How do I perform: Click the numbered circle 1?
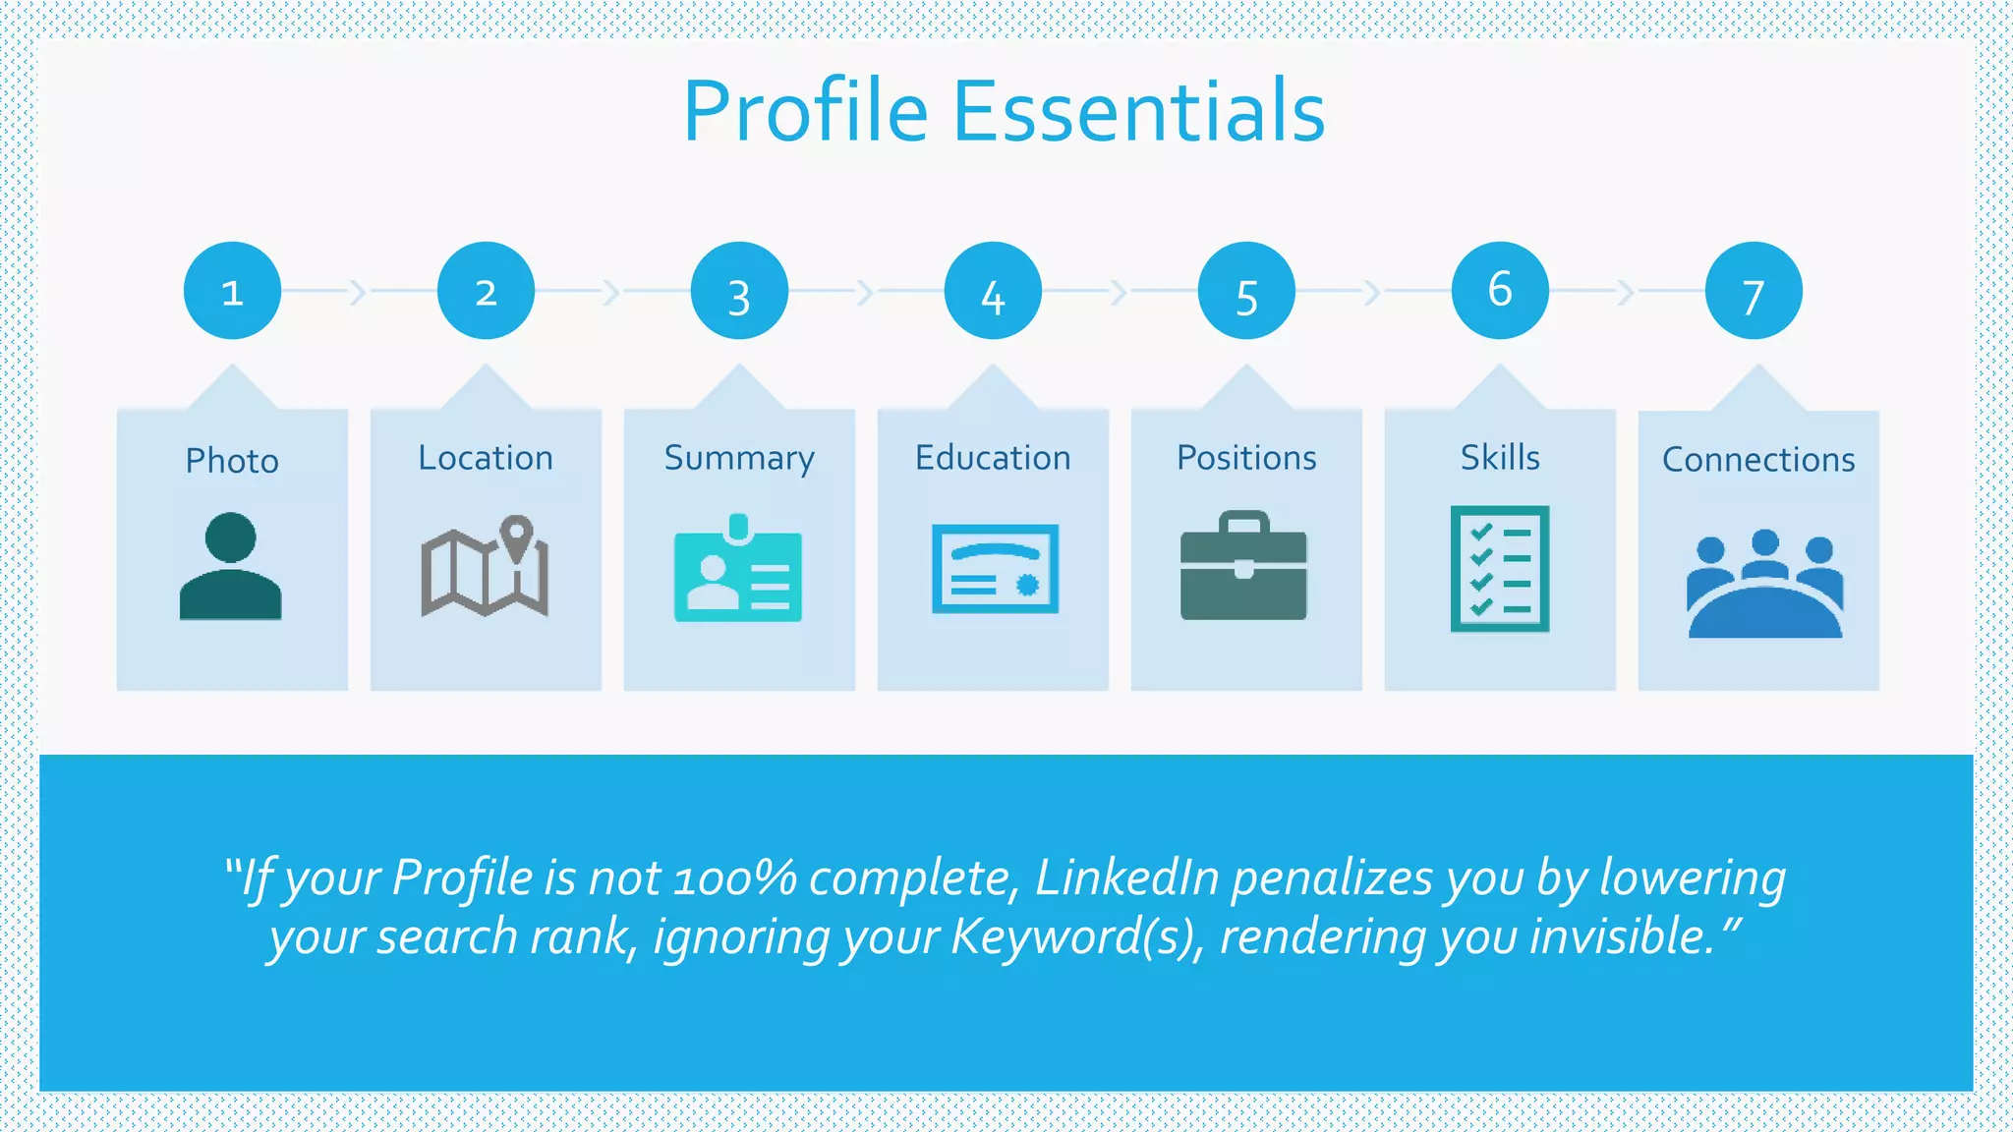click(x=232, y=291)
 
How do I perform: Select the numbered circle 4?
click(x=993, y=291)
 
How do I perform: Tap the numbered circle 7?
click(x=1754, y=291)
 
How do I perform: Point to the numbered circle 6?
click(x=1500, y=291)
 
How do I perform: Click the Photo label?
click(x=232, y=460)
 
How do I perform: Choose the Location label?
click(x=486, y=458)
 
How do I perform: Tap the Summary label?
click(x=739, y=459)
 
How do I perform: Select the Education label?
click(x=993, y=458)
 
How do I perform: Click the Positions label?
click(x=1246, y=458)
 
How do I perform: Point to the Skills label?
click(x=1500, y=457)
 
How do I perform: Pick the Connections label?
click(x=1758, y=460)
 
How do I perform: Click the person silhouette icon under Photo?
click(x=231, y=567)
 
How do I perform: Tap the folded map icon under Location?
click(x=485, y=567)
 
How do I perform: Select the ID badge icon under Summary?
click(x=738, y=569)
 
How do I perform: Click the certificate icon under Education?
click(x=995, y=569)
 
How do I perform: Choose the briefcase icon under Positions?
click(x=1243, y=567)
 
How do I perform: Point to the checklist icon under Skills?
click(x=1500, y=569)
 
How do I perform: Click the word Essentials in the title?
click(x=1139, y=111)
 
